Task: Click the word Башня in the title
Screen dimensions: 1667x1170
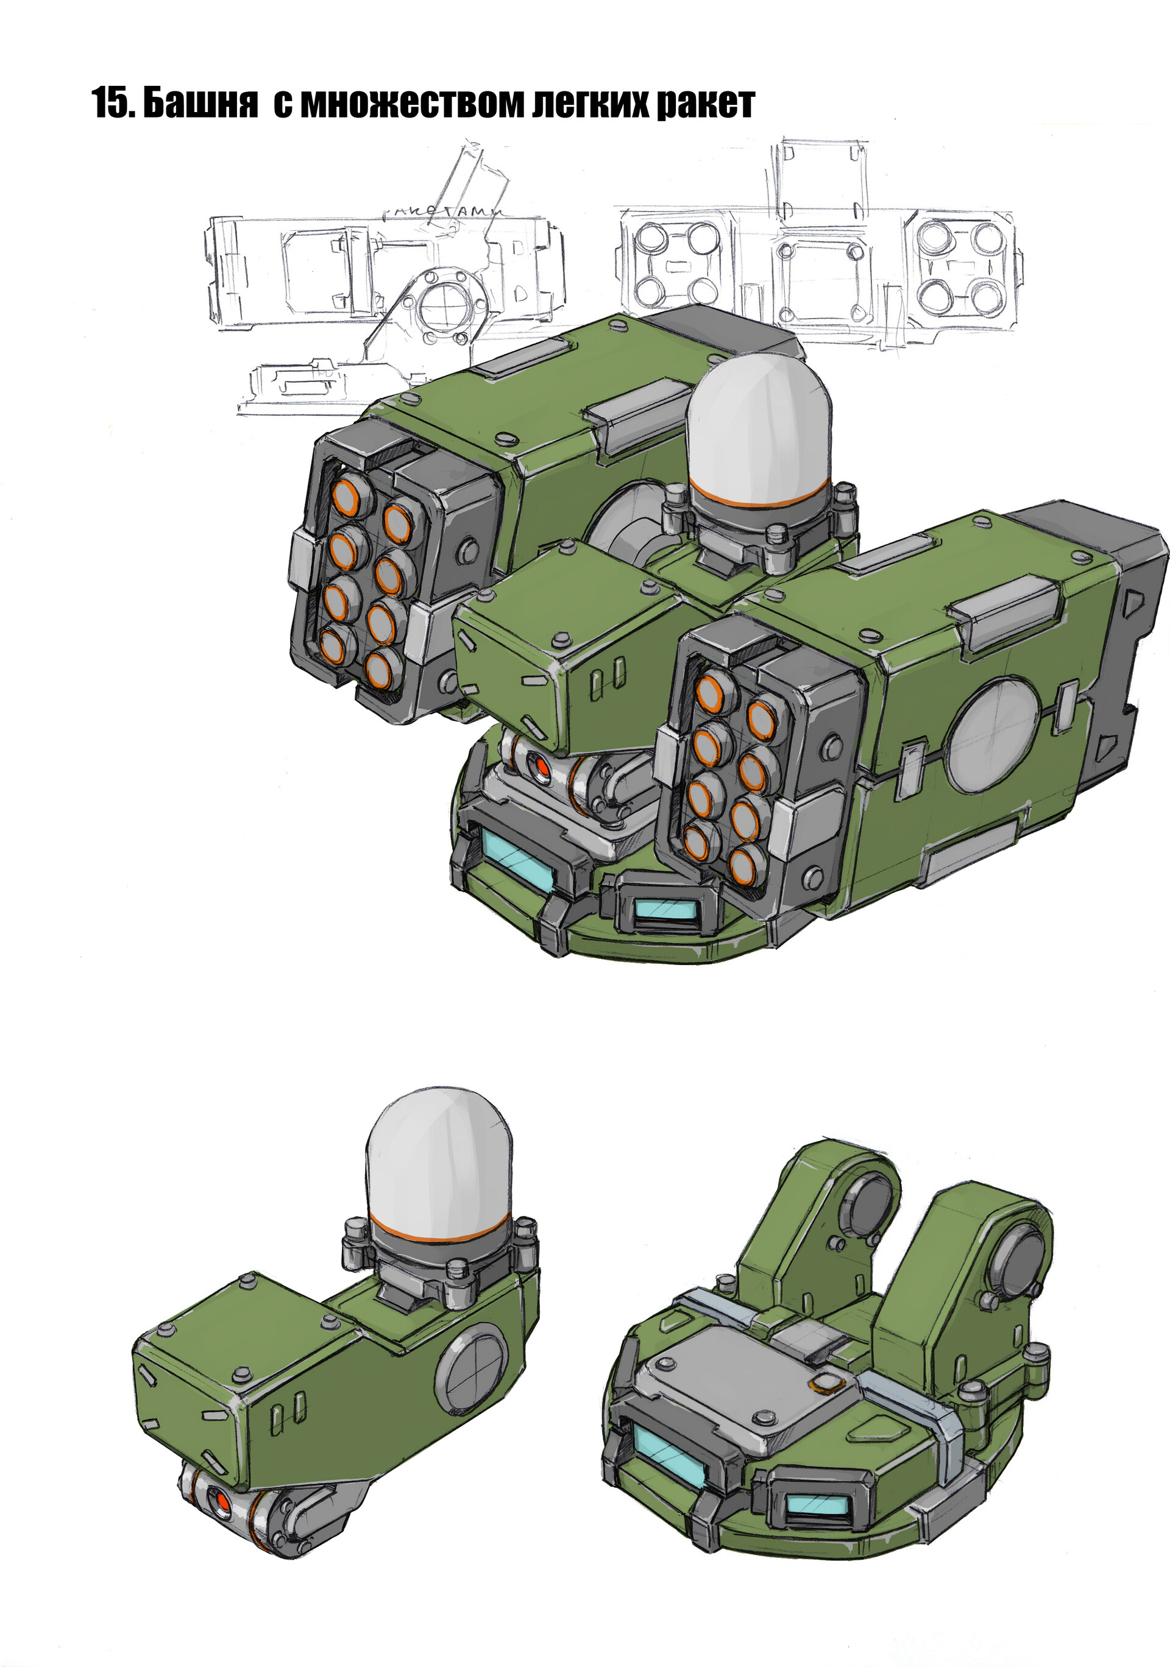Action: pyautogui.click(x=200, y=104)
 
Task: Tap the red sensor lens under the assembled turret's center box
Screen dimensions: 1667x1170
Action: pyautogui.click(x=541, y=766)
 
